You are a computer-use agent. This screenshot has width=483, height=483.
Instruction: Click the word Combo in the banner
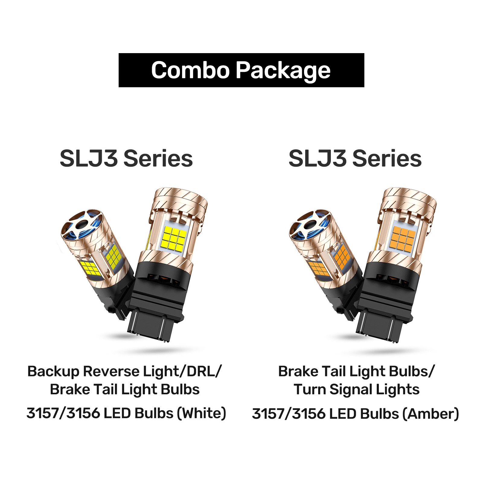coord(190,70)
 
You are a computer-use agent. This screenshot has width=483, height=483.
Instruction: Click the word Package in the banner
coord(283,71)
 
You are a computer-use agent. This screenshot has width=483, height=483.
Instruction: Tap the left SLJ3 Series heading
coord(126,158)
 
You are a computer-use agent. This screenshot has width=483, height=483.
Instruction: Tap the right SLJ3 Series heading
coord(355,158)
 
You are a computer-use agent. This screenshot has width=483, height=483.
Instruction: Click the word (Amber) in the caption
coord(431,414)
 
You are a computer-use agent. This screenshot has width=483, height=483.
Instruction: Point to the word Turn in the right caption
coord(310,389)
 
